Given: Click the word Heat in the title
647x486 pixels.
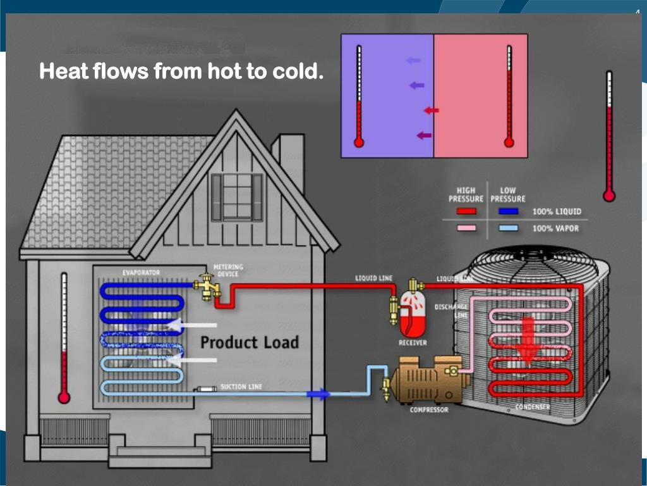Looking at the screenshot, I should (x=64, y=72).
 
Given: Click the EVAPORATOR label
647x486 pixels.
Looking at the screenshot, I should (x=141, y=272).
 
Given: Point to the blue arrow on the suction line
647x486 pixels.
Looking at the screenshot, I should (x=318, y=394).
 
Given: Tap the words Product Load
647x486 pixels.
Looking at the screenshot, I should (x=249, y=342).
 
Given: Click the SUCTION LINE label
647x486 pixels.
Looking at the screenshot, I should (x=241, y=386).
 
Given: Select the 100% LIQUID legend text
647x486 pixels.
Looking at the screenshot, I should (x=557, y=211).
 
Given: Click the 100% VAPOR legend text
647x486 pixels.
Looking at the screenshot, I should (x=555, y=228).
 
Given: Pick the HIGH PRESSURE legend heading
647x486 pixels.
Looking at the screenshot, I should (x=466, y=194).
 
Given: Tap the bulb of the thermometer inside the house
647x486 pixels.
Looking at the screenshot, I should (x=63, y=397).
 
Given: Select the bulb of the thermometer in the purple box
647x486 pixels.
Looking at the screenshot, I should (x=359, y=142).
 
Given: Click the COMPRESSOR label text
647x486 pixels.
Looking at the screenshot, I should (x=428, y=410).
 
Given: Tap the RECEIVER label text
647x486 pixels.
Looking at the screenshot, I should (x=412, y=342).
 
